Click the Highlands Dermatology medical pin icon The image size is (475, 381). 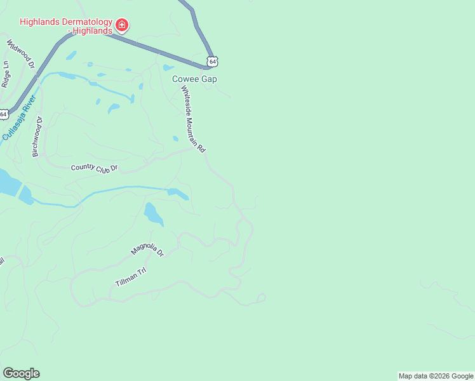click(x=121, y=26)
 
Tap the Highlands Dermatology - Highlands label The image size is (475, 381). click(x=65, y=25)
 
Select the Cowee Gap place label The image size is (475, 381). click(x=194, y=79)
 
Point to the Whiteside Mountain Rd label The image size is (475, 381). click(x=193, y=119)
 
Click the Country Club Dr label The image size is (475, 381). click(x=95, y=168)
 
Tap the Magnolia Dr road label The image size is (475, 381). click(x=147, y=244)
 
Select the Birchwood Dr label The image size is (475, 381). click(x=37, y=137)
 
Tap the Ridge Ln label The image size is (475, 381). click(x=6, y=74)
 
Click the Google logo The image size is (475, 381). click(x=21, y=373)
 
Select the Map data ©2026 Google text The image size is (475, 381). click(x=436, y=376)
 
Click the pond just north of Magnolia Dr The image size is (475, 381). click(x=153, y=214)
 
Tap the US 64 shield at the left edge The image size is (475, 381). click(x=4, y=114)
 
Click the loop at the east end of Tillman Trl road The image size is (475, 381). click(x=261, y=298)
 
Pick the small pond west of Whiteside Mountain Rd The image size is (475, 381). click(x=175, y=138)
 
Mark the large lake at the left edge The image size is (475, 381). click(x=8, y=182)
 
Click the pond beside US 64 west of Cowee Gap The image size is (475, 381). click(x=168, y=67)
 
